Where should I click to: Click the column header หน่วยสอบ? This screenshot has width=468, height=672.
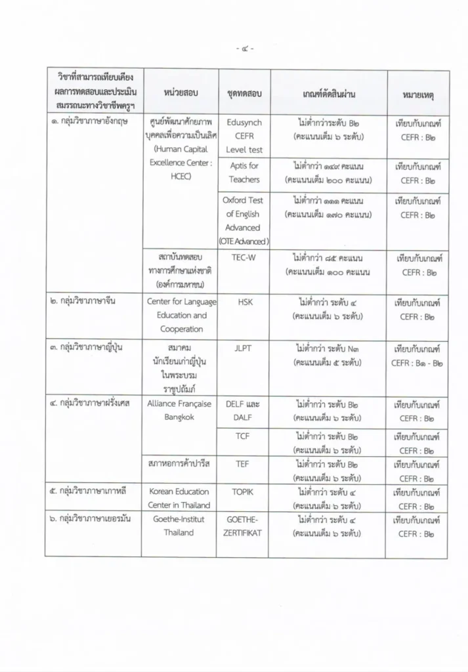181,94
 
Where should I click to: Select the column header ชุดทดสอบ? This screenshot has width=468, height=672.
244,94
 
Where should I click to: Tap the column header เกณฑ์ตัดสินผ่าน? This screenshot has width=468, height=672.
330,94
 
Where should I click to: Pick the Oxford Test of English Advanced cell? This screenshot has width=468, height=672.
244,220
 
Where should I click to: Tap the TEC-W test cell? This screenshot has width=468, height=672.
244,257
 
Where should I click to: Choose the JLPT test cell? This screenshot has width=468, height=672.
244,343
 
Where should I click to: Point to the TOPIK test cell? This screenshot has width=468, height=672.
244,492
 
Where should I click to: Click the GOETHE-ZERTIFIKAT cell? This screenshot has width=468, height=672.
244,526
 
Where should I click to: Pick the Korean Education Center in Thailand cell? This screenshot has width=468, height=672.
179,498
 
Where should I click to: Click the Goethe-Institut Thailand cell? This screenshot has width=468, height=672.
179,526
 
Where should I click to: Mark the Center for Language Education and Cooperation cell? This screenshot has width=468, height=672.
179,315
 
